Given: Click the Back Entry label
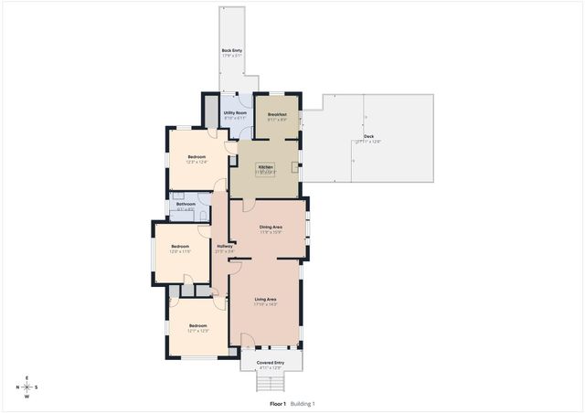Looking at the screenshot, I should point(231,50).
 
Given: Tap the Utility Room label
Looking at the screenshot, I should point(235,112).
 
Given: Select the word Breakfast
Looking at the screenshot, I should point(277,114).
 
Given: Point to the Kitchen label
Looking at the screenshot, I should point(265,167).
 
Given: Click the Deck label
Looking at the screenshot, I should point(367,136).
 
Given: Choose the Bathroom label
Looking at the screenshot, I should point(186,204).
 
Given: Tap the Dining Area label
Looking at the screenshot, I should point(270,227).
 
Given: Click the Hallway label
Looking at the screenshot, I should point(224,246).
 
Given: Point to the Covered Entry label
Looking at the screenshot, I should point(270,363).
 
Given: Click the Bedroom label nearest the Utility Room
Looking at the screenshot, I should point(197,157).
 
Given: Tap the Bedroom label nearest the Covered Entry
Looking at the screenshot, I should point(197,325).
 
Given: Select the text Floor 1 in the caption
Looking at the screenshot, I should point(278,404).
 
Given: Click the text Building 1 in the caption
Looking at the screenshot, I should point(303,404).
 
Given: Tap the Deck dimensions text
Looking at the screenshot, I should point(367,142).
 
